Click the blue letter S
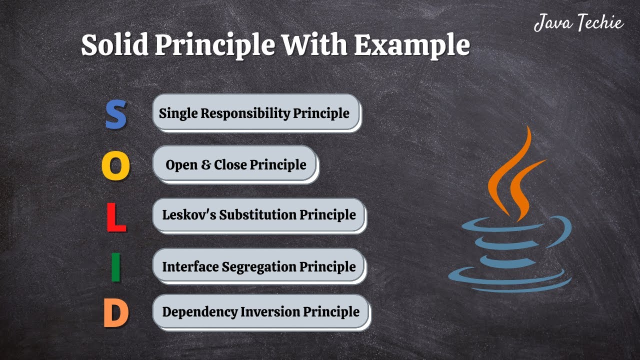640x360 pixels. click(115, 114)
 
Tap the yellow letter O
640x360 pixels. click(115, 166)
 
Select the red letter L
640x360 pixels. click(116, 217)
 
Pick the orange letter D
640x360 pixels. click(116, 314)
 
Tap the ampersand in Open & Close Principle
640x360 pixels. click(205, 164)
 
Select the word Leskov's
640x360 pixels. click(189, 215)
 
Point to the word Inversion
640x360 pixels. click(271, 311)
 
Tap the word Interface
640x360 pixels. click(190, 266)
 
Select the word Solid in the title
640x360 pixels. click(114, 45)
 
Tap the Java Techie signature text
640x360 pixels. click(578, 23)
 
